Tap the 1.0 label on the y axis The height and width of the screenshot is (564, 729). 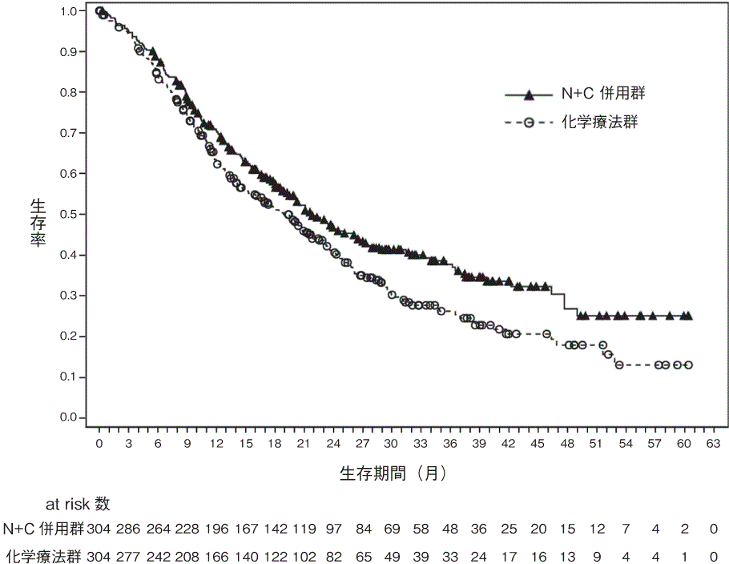click(x=69, y=11)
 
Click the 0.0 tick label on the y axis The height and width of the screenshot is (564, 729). click(x=69, y=417)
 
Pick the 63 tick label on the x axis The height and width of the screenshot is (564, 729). click(x=712, y=443)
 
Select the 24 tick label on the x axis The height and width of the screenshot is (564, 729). click(x=333, y=443)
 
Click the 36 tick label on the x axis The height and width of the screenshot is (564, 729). click(x=450, y=443)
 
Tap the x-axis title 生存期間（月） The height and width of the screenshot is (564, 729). click(x=393, y=473)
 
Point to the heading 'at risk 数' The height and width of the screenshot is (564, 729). click(x=78, y=504)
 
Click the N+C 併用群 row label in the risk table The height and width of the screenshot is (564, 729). click(x=42, y=529)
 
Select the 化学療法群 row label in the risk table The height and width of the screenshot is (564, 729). click(x=44, y=555)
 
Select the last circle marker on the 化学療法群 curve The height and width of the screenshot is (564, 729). click(x=687, y=365)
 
